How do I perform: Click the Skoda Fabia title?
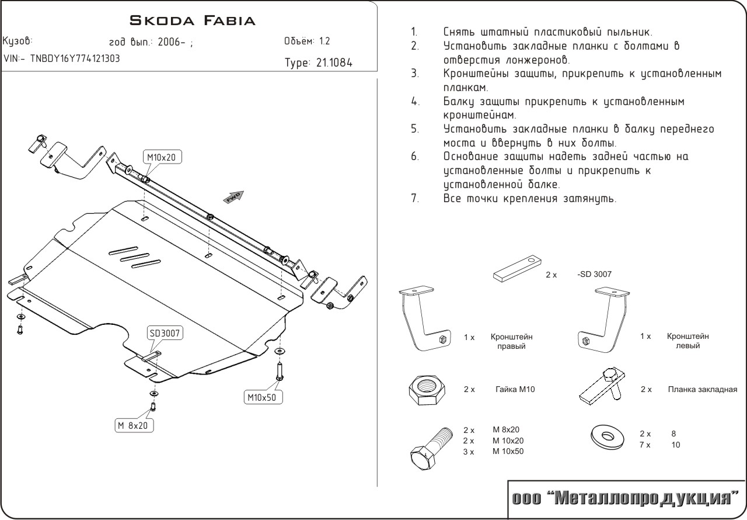(192, 21)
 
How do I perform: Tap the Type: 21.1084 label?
(318, 63)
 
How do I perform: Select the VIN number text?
(62, 58)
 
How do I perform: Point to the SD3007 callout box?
(165, 334)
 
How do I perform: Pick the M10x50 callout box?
(263, 397)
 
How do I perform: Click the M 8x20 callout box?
(134, 425)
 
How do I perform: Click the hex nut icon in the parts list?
(427, 389)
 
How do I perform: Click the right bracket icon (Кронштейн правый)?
(424, 320)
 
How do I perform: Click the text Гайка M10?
(514, 389)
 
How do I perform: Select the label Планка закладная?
(703, 389)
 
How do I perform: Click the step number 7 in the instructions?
(414, 199)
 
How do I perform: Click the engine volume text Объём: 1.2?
(306, 41)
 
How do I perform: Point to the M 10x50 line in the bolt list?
(508, 452)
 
